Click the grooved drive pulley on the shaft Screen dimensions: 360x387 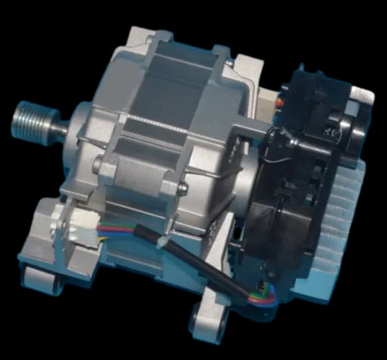tap(29, 120)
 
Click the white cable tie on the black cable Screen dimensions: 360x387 tap(160, 242)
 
